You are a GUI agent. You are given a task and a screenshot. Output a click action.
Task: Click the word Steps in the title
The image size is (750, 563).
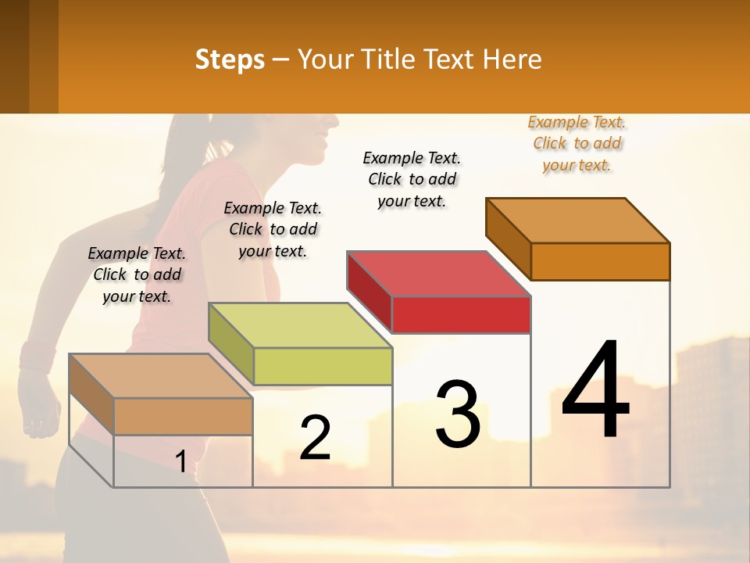tap(229, 59)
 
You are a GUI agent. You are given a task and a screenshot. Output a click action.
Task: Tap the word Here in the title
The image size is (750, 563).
tap(513, 59)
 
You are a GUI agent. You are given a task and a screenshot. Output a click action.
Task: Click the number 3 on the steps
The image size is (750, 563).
tap(458, 414)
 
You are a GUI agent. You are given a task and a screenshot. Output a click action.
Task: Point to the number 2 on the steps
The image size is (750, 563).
tap(315, 438)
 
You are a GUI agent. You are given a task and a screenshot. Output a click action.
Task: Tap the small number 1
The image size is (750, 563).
tap(180, 462)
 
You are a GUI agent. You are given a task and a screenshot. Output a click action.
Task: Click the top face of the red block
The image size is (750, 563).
tap(437, 274)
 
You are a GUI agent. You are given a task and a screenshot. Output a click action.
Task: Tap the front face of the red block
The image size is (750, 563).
tap(461, 315)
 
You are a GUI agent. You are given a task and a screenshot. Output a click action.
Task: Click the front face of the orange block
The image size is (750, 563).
tap(600, 261)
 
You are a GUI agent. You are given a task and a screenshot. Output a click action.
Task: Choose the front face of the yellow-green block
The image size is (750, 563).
tap(323, 366)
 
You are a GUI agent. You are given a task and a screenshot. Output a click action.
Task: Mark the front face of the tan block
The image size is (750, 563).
tap(183, 416)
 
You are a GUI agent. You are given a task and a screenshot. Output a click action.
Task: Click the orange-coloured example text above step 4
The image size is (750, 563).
tap(577, 144)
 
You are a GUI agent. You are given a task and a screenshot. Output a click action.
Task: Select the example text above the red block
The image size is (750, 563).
tap(412, 179)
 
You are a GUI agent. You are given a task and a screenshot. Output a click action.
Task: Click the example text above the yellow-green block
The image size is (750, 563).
tap(273, 229)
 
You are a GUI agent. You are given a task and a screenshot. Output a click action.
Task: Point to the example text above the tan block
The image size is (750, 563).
tap(137, 274)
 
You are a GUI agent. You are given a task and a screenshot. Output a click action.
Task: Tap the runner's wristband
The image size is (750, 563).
tap(34, 356)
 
